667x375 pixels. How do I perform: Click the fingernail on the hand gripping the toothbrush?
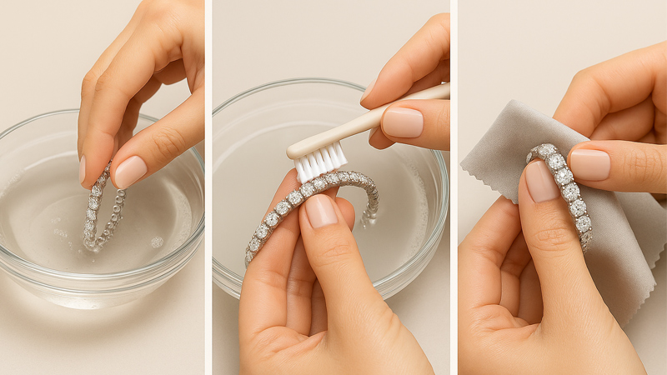(x=402, y=122)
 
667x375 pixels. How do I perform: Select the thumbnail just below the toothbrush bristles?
(x=320, y=211)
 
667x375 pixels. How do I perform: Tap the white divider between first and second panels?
(x=208, y=187)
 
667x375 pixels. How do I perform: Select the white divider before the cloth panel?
(x=454, y=187)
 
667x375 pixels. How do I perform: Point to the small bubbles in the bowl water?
(x=156, y=242)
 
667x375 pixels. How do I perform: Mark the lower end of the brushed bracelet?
(x=250, y=254)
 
